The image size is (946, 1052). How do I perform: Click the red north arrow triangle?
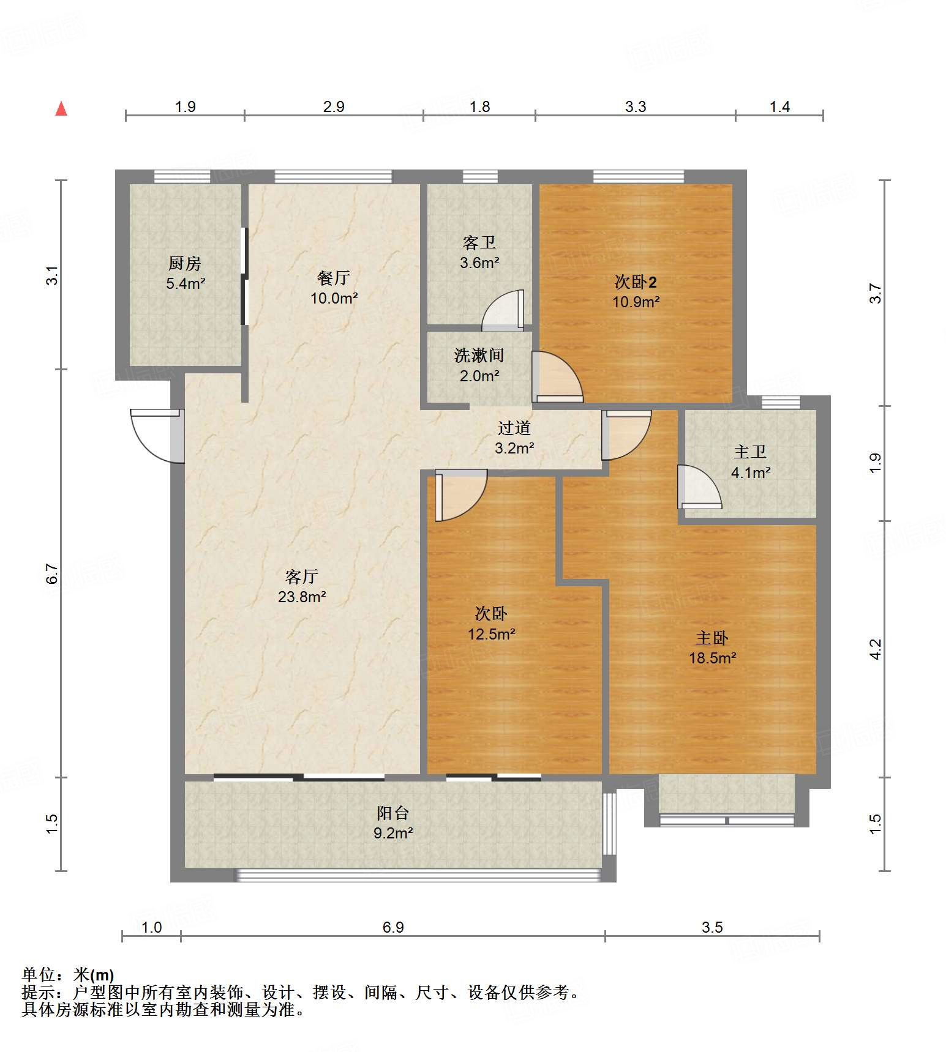click(61, 108)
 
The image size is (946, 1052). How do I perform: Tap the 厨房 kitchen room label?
click(185, 263)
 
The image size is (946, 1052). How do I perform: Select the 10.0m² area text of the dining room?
click(334, 298)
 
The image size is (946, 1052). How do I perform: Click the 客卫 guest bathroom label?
click(479, 243)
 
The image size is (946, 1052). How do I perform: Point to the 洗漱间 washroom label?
click(479, 355)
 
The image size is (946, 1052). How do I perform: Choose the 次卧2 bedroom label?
click(636, 282)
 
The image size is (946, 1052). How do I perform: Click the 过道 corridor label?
click(514, 428)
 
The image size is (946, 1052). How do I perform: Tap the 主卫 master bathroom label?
click(750, 452)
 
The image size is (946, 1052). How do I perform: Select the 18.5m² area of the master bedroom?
click(712, 658)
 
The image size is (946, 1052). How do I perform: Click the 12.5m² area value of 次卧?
click(492, 634)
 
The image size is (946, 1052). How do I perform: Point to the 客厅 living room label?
click(302, 576)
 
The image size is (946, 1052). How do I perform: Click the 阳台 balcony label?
click(393, 813)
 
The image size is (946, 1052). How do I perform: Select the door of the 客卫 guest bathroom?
click(503, 310)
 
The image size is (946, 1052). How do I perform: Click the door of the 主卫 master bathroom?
click(699, 487)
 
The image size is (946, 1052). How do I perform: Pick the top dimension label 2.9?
click(334, 106)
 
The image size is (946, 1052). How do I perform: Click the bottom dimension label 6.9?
click(393, 927)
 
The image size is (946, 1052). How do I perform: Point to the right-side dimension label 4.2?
click(876, 649)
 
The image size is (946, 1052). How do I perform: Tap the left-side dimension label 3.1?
click(53, 274)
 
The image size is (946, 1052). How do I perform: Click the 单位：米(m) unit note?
click(68, 974)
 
